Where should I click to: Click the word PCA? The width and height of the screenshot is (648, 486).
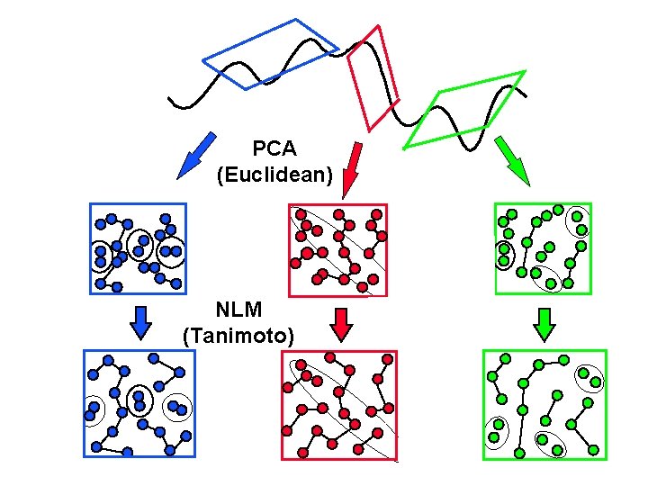(274, 148)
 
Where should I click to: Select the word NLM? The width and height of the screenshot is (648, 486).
(238, 310)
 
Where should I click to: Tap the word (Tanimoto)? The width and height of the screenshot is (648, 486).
(238, 336)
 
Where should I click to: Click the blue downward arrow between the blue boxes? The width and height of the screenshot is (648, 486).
(139, 322)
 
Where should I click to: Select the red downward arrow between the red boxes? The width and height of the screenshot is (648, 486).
(340, 323)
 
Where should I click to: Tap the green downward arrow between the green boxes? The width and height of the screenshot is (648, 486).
(543, 323)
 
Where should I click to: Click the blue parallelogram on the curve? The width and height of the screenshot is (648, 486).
(270, 54)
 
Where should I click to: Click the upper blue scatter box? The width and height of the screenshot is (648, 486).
(139, 248)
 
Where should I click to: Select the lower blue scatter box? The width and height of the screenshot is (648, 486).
(139, 403)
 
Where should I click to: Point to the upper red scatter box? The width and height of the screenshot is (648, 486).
(337, 249)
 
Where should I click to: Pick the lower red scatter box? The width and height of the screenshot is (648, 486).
(340, 404)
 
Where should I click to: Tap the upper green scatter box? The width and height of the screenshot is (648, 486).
(543, 248)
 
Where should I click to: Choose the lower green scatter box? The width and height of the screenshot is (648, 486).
(545, 404)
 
